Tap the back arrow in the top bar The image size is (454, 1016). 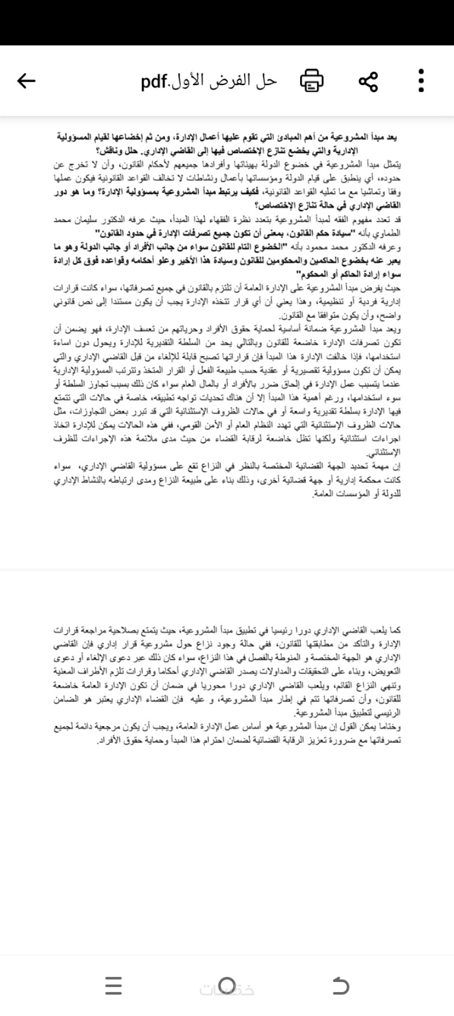click(26, 81)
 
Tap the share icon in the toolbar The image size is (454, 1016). click(368, 81)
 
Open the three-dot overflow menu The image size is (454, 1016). click(421, 81)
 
